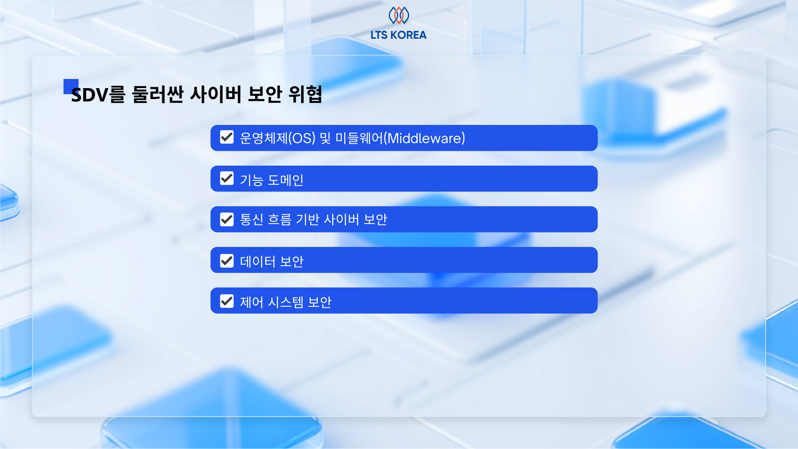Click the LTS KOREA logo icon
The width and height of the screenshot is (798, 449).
pos(398,15)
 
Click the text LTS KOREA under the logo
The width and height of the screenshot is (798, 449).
pos(398,35)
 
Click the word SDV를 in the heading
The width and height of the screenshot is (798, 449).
pos(98,94)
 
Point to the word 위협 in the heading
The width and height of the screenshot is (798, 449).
pos(305,94)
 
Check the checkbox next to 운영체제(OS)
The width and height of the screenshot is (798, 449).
pos(227,137)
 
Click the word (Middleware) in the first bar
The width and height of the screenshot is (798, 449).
pos(425,138)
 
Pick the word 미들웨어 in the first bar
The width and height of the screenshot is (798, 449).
pos(359,138)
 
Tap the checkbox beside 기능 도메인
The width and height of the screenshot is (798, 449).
pos(227,179)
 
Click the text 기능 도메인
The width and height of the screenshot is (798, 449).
pos(271,180)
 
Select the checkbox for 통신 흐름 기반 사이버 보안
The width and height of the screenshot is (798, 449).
pos(227,219)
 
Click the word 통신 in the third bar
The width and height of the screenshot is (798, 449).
pos(252,220)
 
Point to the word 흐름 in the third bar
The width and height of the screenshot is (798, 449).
pos(280,220)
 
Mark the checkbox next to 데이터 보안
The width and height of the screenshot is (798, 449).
pos(227,260)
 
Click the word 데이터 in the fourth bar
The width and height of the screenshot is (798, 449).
pos(258,261)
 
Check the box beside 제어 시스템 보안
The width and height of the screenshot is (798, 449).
pos(227,301)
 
